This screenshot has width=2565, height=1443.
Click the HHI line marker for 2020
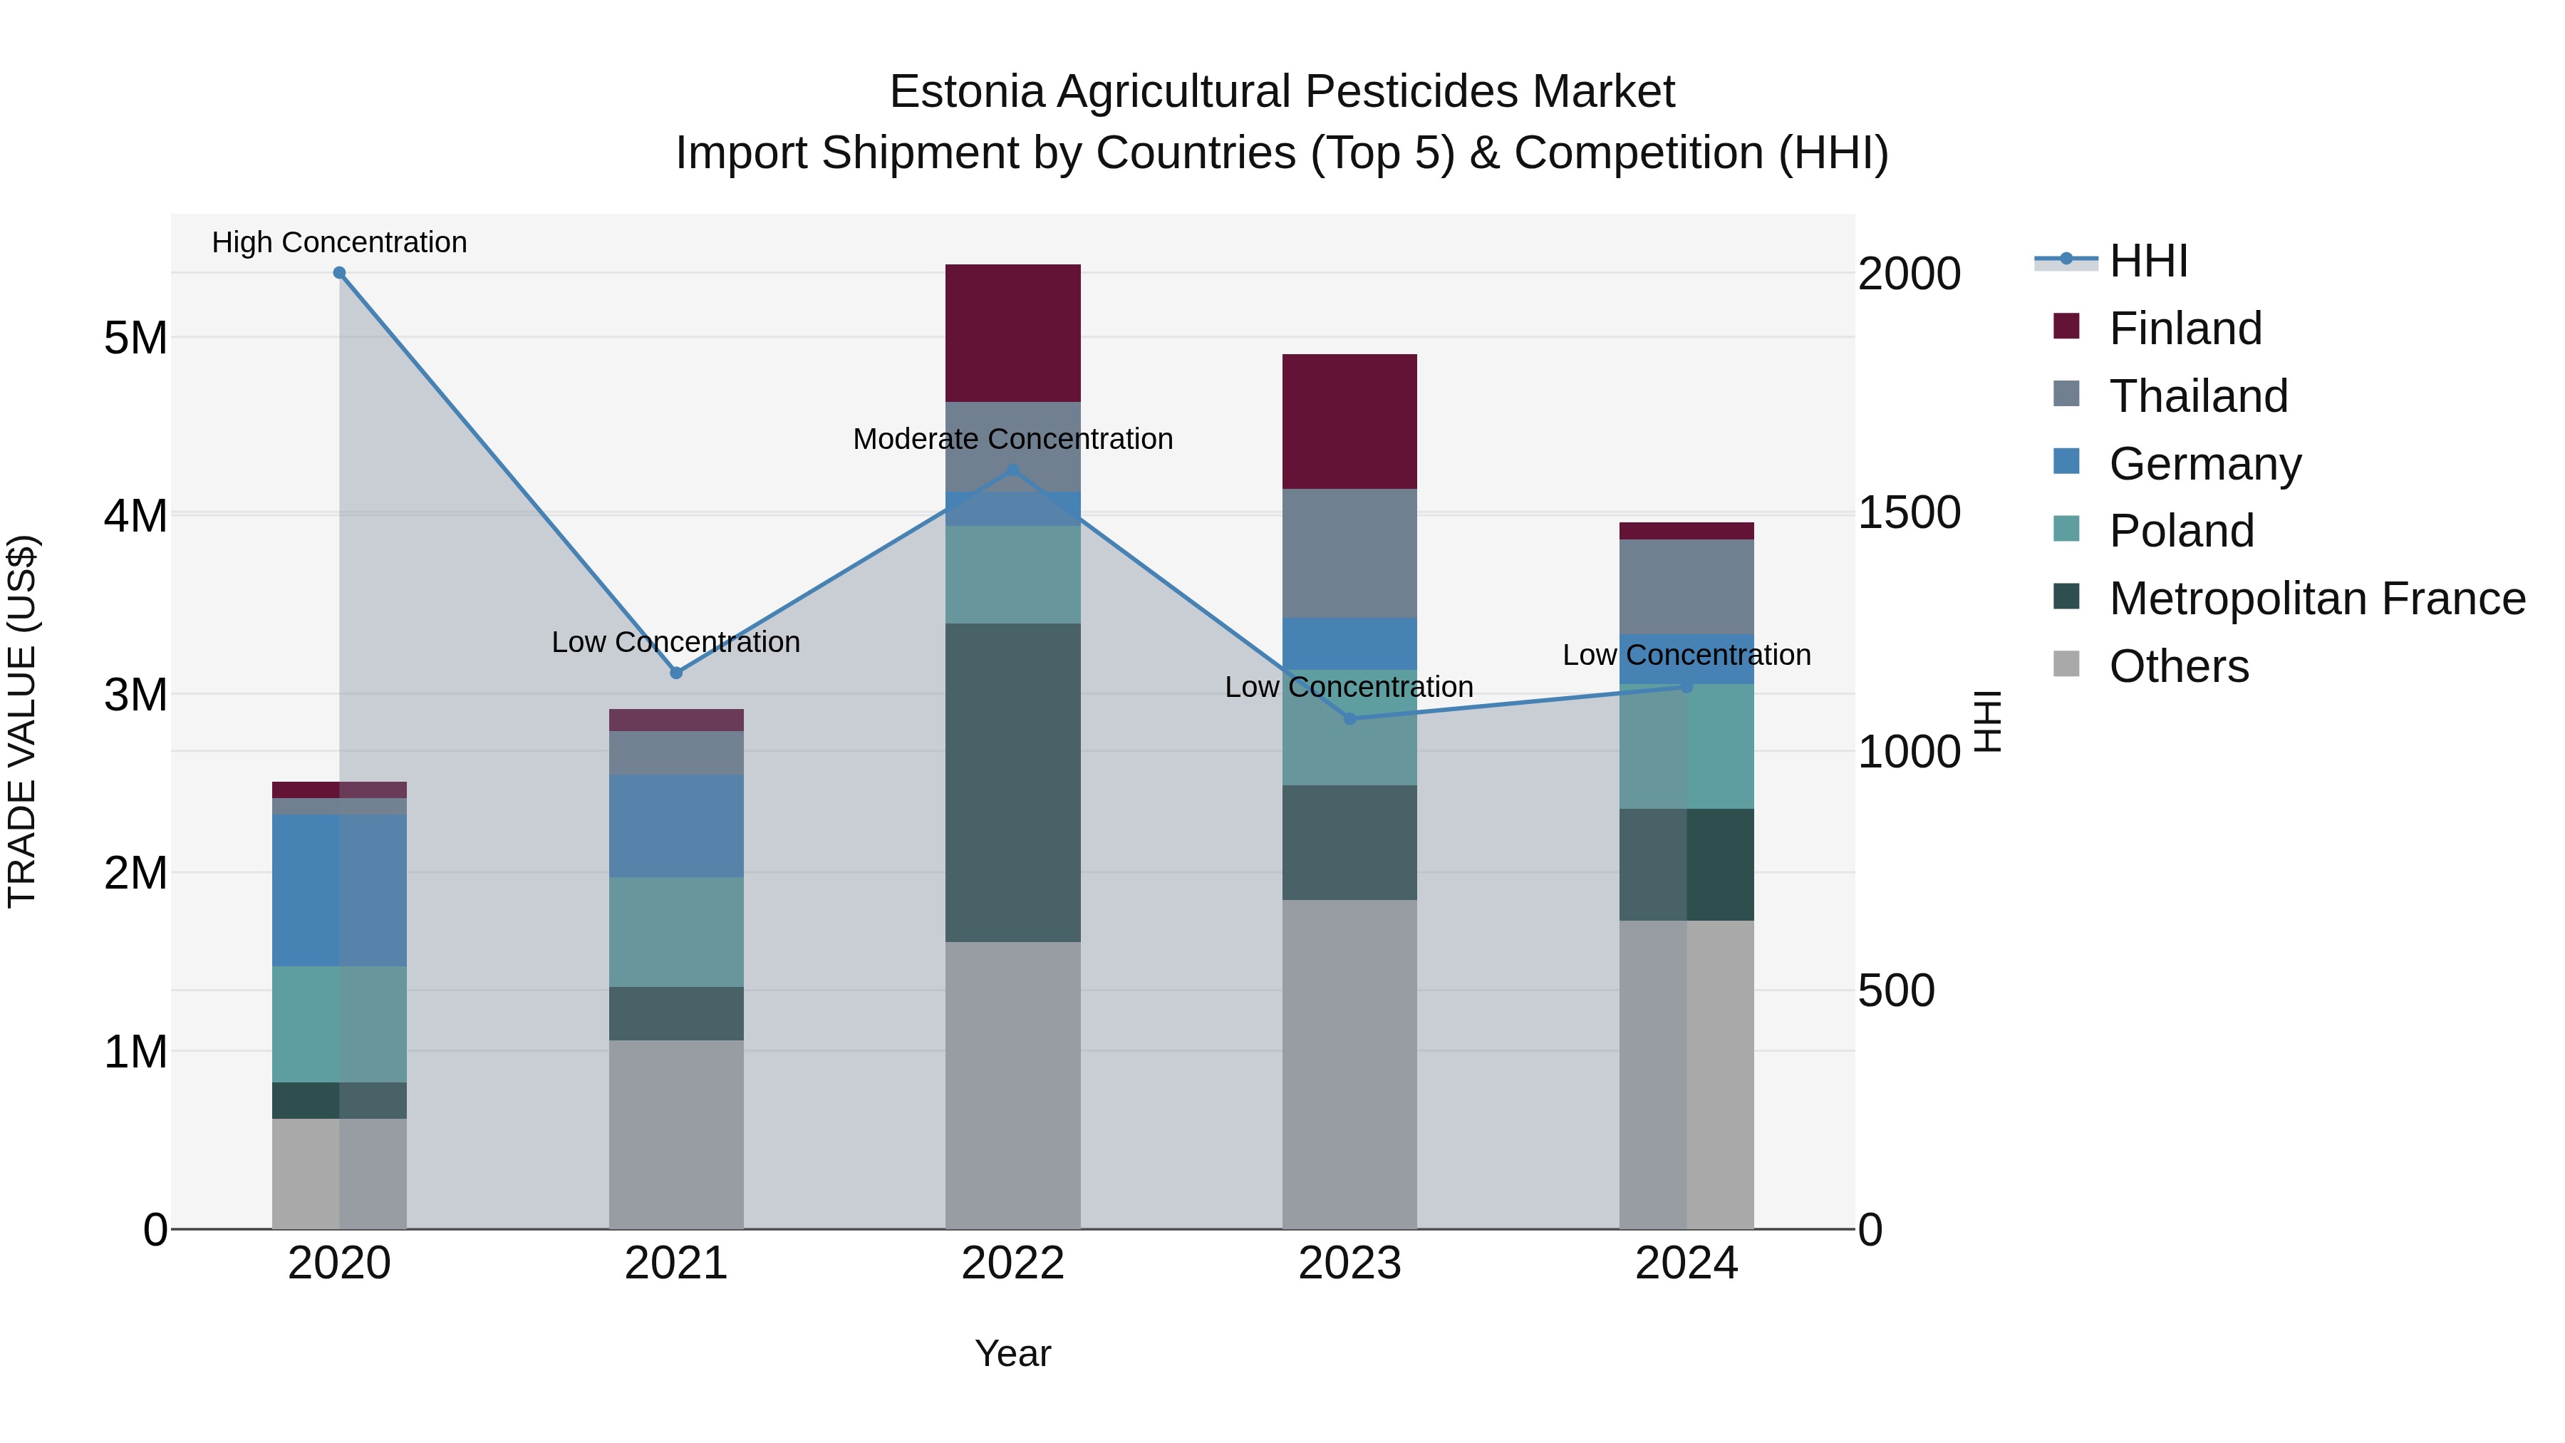click(x=340, y=273)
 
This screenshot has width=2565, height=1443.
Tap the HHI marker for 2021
click(x=676, y=673)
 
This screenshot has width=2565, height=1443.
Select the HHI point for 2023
click(x=1350, y=719)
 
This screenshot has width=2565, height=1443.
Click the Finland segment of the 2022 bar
click(x=1012, y=333)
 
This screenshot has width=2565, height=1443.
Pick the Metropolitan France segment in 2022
click(x=1012, y=782)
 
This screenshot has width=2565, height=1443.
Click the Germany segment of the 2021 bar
click(x=676, y=826)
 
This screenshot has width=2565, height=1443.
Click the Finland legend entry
click(x=2185, y=329)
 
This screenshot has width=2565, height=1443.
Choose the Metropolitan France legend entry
click(x=2316, y=599)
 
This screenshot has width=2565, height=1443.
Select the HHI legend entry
click(x=2147, y=261)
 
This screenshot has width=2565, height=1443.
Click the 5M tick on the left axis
click(x=136, y=338)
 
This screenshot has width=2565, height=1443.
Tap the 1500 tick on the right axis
click(x=1909, y=513)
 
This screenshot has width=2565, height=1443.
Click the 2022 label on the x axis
click(x=1012, y=1263)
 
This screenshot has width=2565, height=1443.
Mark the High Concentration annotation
click(x=340, y=242)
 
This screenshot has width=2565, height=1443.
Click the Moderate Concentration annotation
click(x=1012, y=439)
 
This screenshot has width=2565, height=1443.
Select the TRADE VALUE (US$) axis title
click(x=22, y=721)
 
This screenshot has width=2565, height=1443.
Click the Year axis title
click(x=1012, y=1353)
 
